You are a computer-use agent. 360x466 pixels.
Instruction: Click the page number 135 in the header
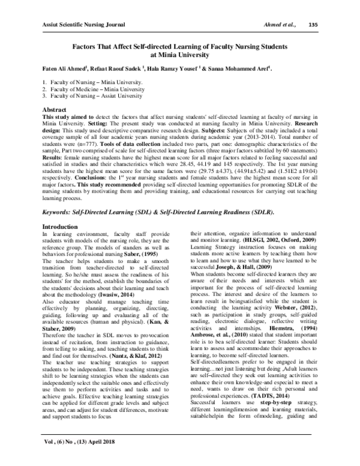pos(313,25)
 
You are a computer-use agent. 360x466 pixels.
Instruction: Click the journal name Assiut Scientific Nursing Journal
pos(83,25)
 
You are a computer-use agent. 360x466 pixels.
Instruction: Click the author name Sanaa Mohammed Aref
pos(244,68)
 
